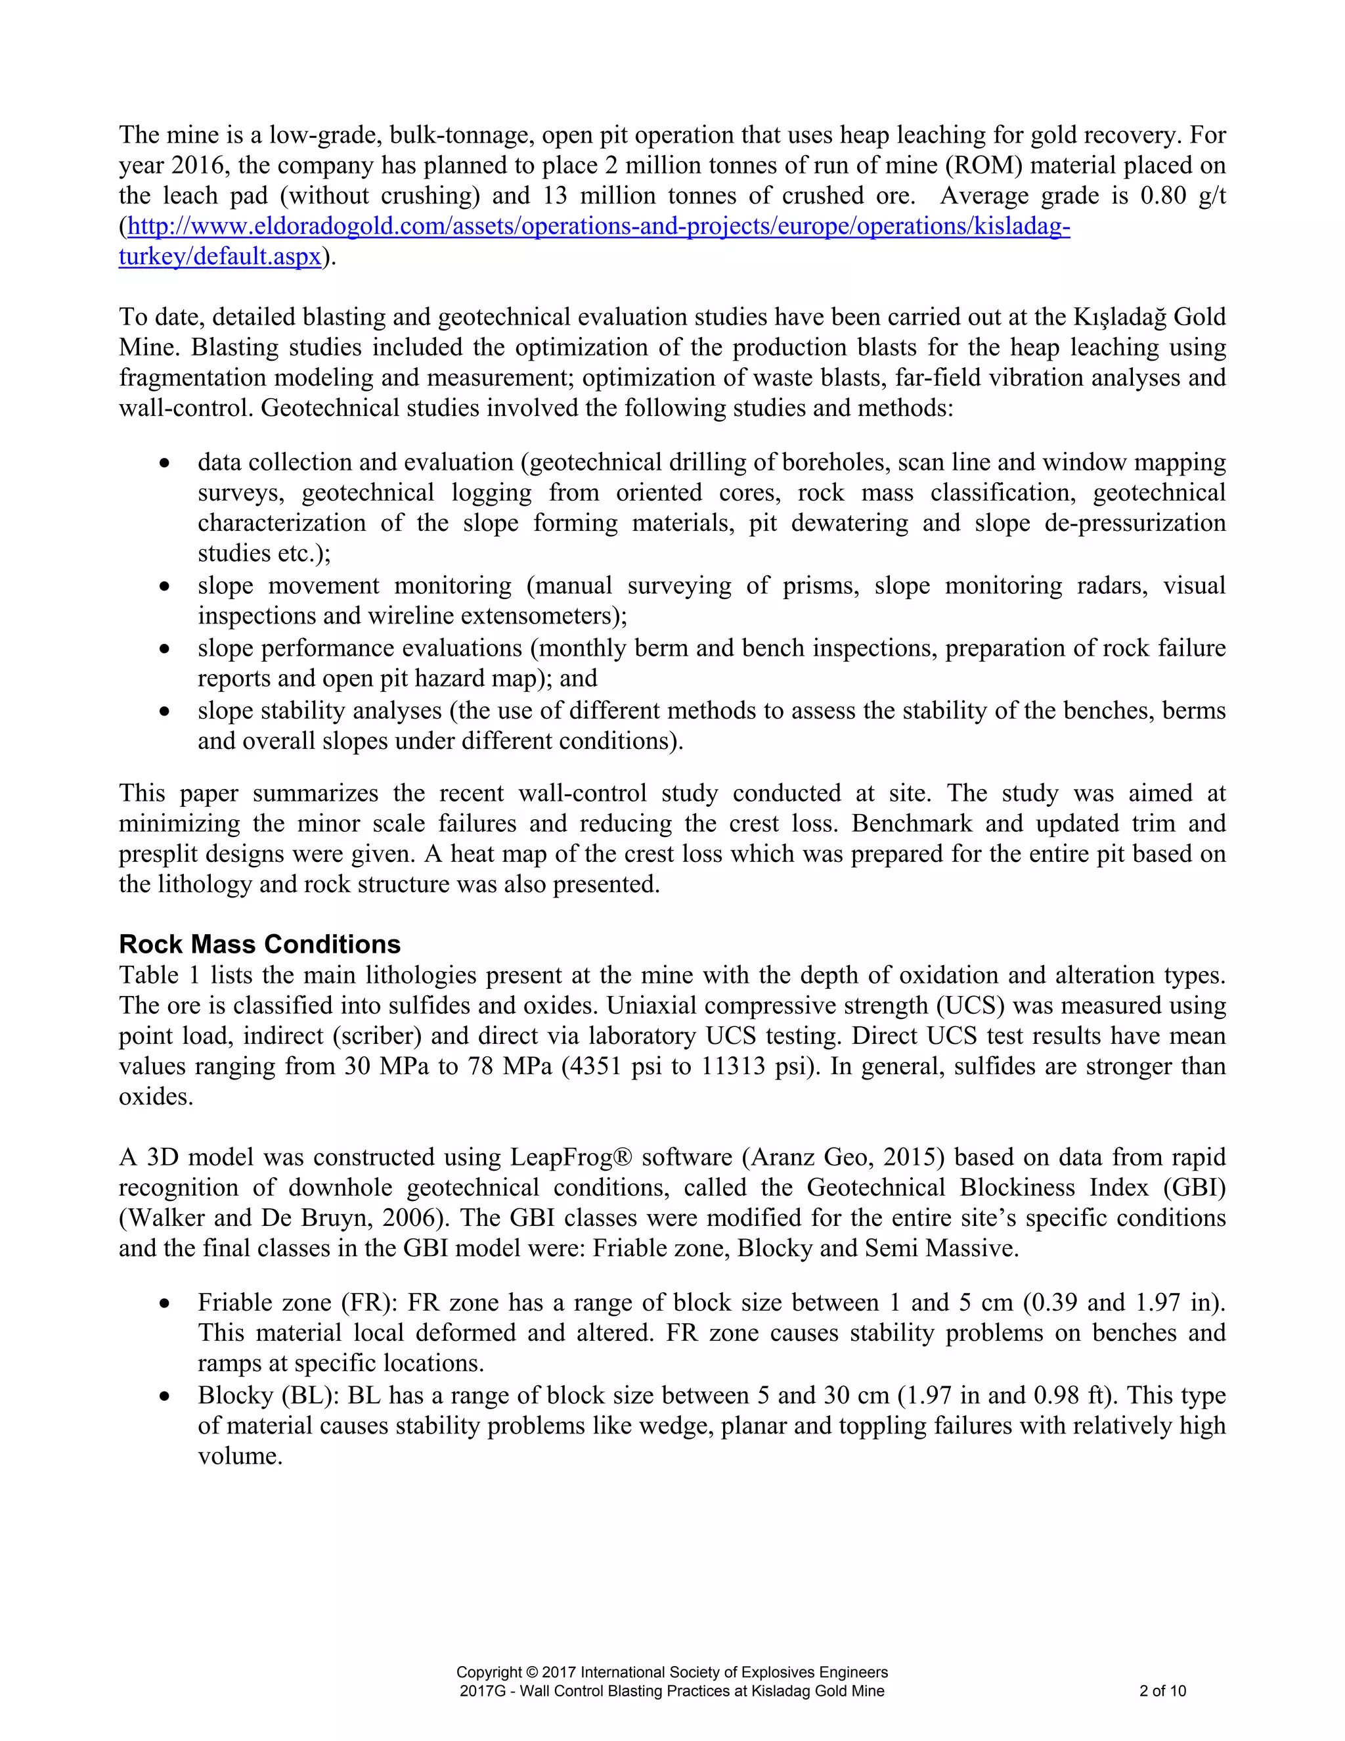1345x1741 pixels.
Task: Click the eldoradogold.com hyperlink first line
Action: (x=598, y=227)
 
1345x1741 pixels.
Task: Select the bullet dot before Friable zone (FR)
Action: (x=164, y=1304)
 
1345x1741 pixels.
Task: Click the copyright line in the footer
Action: (x=672, y=1671)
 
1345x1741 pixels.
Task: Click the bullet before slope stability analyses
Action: (x=164, y=711)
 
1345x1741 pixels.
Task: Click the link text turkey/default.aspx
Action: (x=220, y=257)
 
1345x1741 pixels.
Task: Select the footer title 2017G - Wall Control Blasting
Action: (x=672, y=1691)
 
